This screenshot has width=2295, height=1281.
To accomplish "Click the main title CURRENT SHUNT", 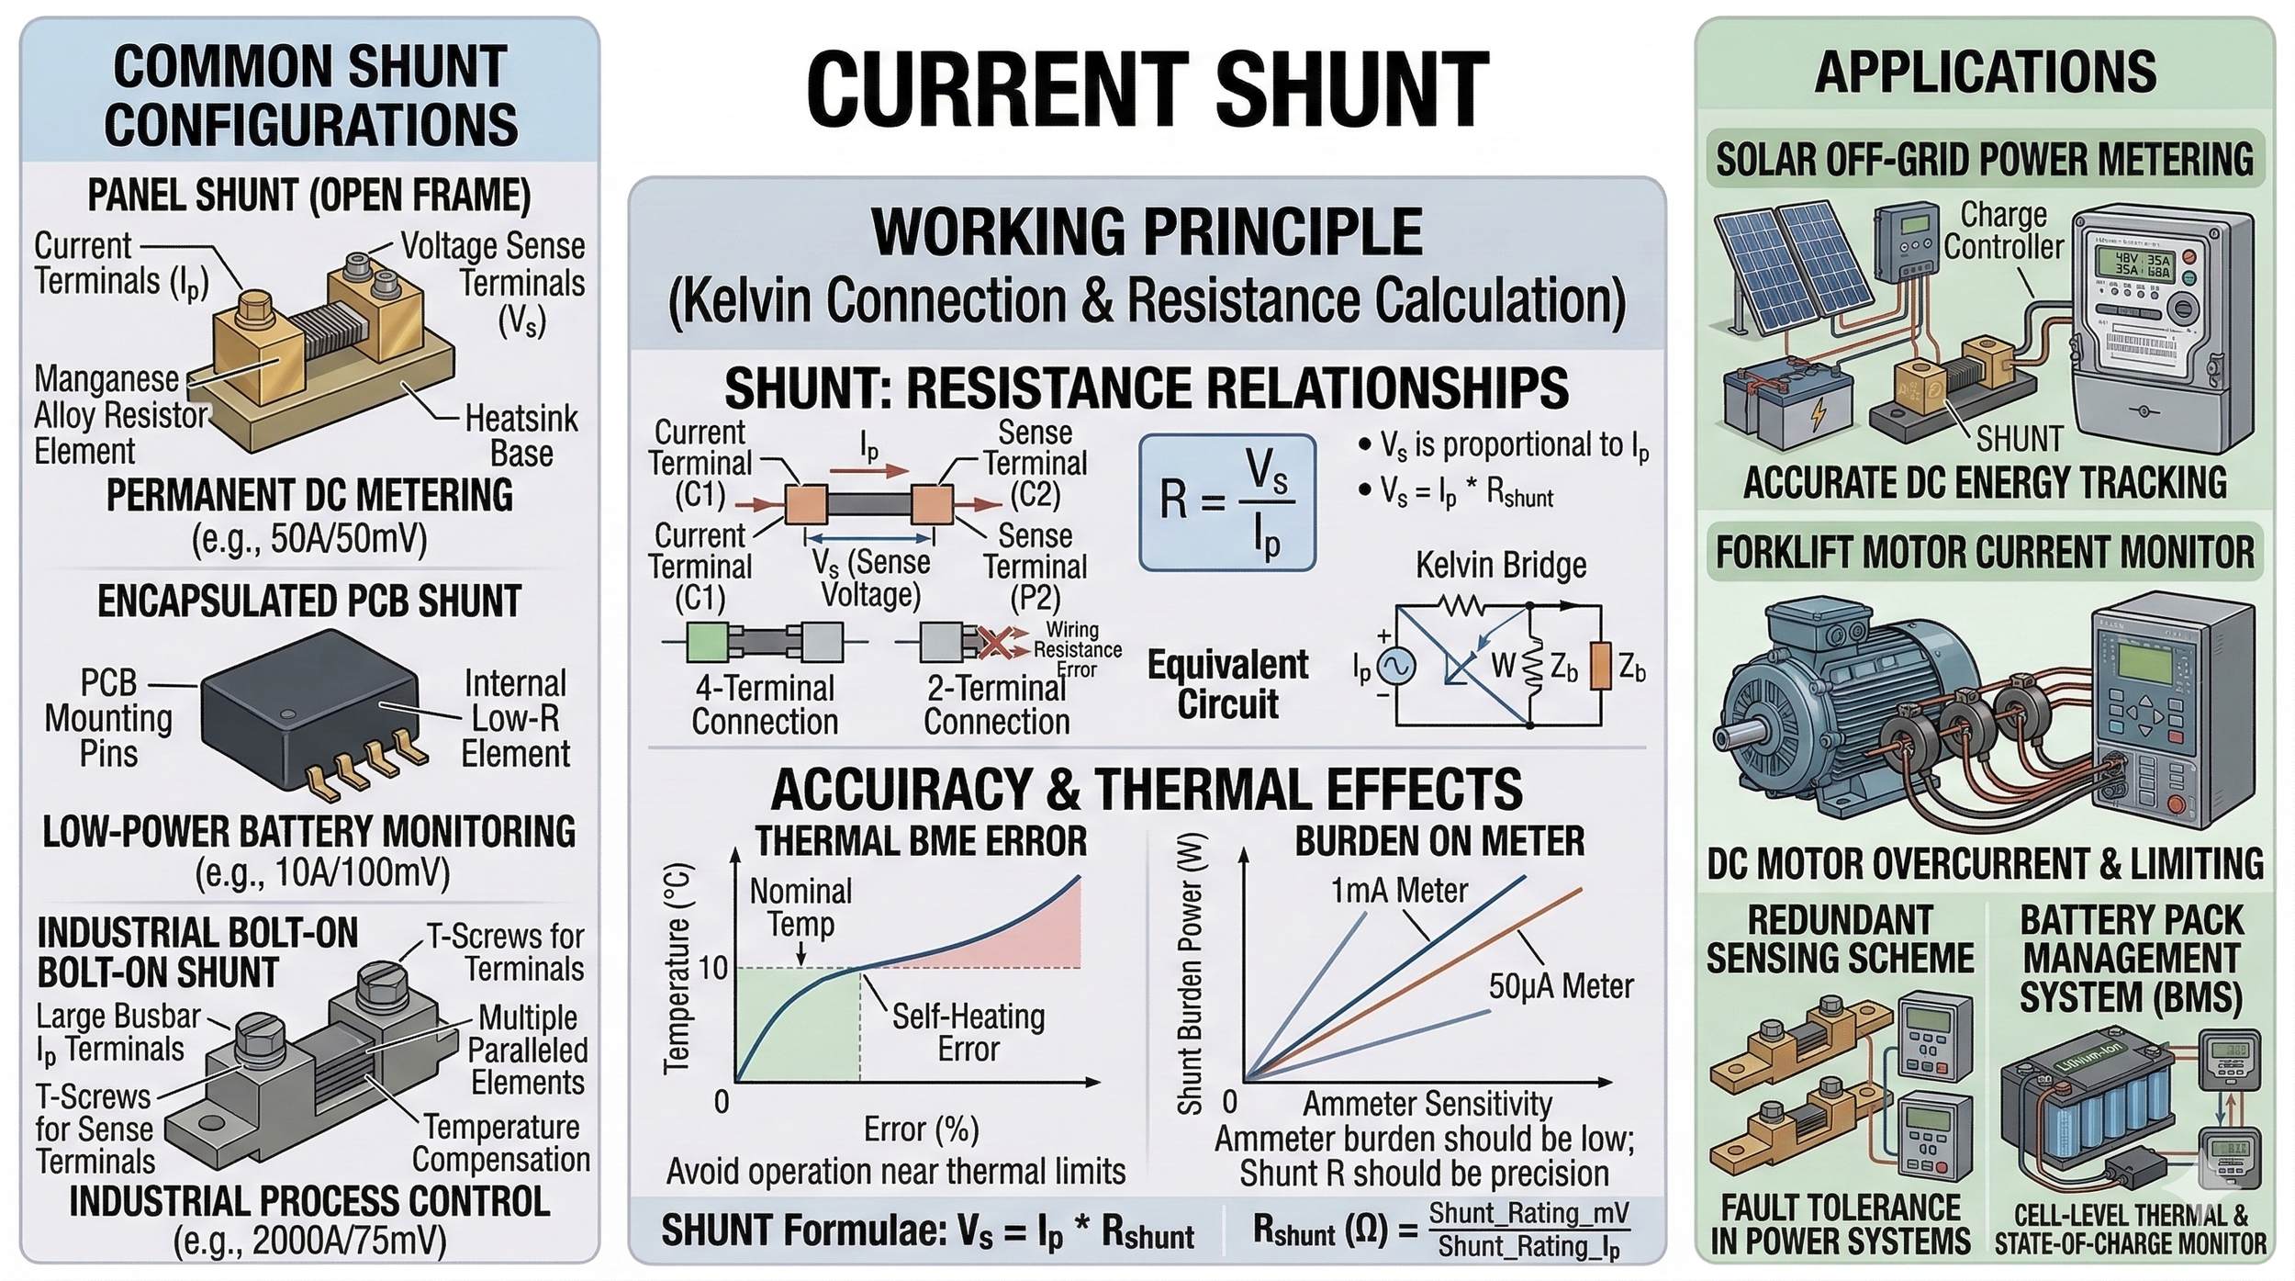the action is (1147, 90).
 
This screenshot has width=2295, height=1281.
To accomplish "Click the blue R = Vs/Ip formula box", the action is (1227, 502).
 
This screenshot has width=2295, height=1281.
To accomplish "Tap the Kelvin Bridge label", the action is (1500, 565).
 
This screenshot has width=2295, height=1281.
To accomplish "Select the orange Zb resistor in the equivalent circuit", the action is (1601, 666).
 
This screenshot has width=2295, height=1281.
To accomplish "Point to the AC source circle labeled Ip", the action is (1395, 668).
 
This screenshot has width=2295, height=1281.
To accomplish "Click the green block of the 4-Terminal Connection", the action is (707, 642).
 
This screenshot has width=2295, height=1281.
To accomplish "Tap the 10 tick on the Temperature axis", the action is (713, 968).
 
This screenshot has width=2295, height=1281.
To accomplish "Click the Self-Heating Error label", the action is (968, 1032).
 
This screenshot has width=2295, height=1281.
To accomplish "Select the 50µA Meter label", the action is (1561, 986).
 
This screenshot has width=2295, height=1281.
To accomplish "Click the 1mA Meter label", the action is (1399, 891).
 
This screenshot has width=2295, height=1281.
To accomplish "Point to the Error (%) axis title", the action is (921, 1129).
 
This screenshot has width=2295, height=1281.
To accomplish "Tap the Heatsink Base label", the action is (521, 436).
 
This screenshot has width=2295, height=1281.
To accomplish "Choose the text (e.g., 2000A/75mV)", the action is (309, 1242).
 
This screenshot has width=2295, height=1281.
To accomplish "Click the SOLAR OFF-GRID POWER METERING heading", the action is (1984, 160).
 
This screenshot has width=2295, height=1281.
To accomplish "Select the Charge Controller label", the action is (2003, 230).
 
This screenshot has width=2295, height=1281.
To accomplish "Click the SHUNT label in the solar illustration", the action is (2020, 440).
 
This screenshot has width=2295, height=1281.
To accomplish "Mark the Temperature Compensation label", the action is (501, 1143).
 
